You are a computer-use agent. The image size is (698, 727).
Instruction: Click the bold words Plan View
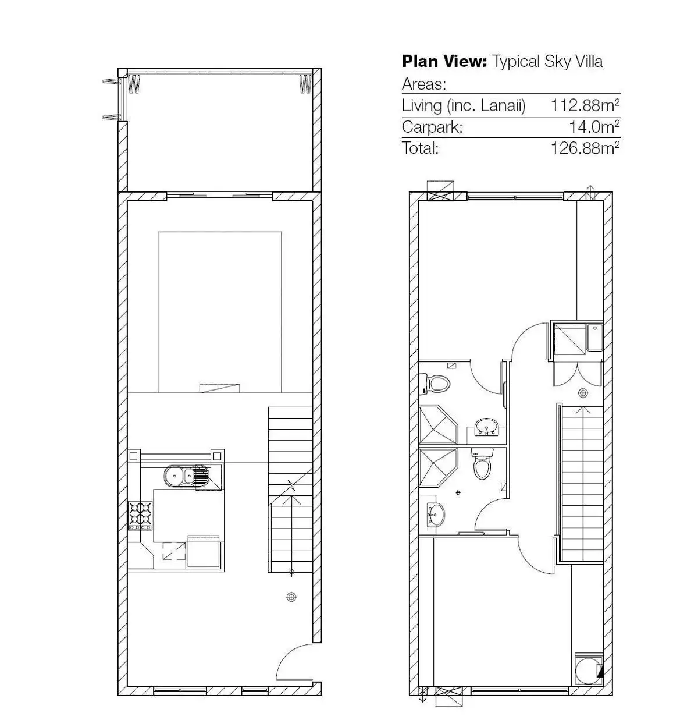[x=444, y=62]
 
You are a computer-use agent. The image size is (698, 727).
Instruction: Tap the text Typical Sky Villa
[x=547, y=62]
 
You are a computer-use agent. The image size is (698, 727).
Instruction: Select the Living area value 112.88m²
[x=585, y=105]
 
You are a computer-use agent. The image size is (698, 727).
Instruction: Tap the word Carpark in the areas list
[x=432, y=127]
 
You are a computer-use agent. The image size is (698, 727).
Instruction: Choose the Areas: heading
[x=424, y=84]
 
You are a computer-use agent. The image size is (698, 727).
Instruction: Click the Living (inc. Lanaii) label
[x=464, y=105]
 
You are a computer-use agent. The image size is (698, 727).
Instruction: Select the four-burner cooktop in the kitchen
[x=140, y=515]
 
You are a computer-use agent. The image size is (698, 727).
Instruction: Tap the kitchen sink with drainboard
[x=186, y=477]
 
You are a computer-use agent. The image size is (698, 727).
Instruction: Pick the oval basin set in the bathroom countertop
[x=486, y=428]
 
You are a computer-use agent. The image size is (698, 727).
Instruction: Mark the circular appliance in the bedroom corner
[x=587, y=671]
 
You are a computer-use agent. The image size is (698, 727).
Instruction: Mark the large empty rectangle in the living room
[x=219, y=311]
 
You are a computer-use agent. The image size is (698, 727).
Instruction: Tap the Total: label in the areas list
[x=420, y=148]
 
